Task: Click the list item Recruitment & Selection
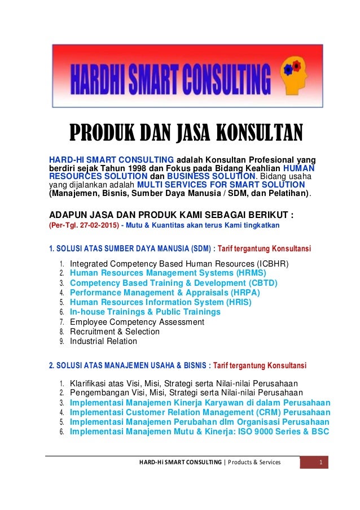(115, 332)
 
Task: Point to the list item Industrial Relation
(103, 341)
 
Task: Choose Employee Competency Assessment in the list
(137, 322)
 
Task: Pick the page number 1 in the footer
(320, 463)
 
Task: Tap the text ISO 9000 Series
(270, 432)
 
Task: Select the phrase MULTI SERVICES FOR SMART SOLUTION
(221, 185)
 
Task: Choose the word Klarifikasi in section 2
(90, 382)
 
